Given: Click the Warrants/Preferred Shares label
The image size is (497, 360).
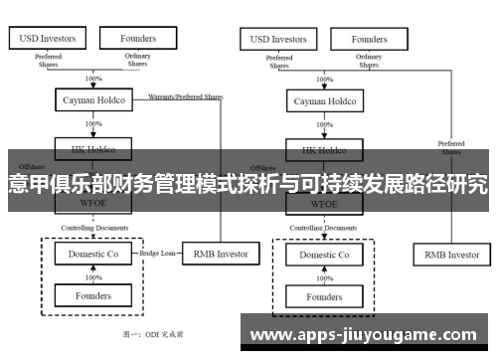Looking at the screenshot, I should pyautogui.click(x=186, y=96).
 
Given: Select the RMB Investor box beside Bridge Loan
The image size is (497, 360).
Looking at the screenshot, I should pyautogui.click(x=220, y=254).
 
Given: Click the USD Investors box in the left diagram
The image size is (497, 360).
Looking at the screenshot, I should pyautogui.click(x=47, y=39).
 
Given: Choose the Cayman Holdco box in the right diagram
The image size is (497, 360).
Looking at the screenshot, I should pyautogui.click(x=323, y=101).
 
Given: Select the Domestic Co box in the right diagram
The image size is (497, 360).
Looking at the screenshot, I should pyautogui.click(x=323, y=255).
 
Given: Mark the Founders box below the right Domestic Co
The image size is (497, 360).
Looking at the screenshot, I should pyautogui.click(x=323, y=296).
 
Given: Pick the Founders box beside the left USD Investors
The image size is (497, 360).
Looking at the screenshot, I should pyautogui.click(x=138, y=39).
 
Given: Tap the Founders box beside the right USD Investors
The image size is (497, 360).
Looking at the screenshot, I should pyautogui.click(x=369, y=39).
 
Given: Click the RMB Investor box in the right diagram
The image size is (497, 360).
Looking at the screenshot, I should pyautogui.click(x=452, y=255).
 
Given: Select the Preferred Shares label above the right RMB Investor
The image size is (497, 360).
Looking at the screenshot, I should pyautogui.click(x=451, y=148).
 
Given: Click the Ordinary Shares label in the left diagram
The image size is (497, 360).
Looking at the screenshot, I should pyautogui.click(x=137, y=61).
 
